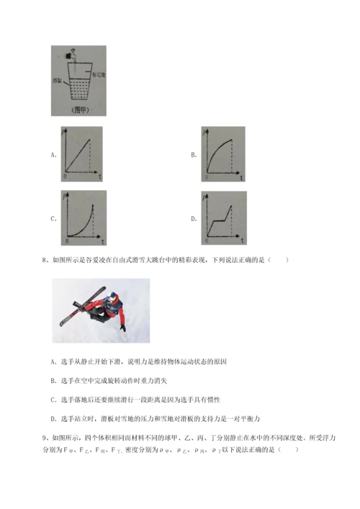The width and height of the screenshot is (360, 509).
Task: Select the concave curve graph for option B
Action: click(223, 153)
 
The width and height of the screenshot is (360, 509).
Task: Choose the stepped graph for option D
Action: click(223, 217)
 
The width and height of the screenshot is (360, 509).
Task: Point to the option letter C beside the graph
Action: click(53, 218)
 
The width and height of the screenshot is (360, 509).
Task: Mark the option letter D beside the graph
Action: click(193, 218)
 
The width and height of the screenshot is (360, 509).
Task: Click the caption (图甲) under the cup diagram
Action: click(73, 110)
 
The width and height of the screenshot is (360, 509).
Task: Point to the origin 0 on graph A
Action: click(66, 176)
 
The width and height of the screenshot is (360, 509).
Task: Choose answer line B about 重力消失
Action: click(114, 380)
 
